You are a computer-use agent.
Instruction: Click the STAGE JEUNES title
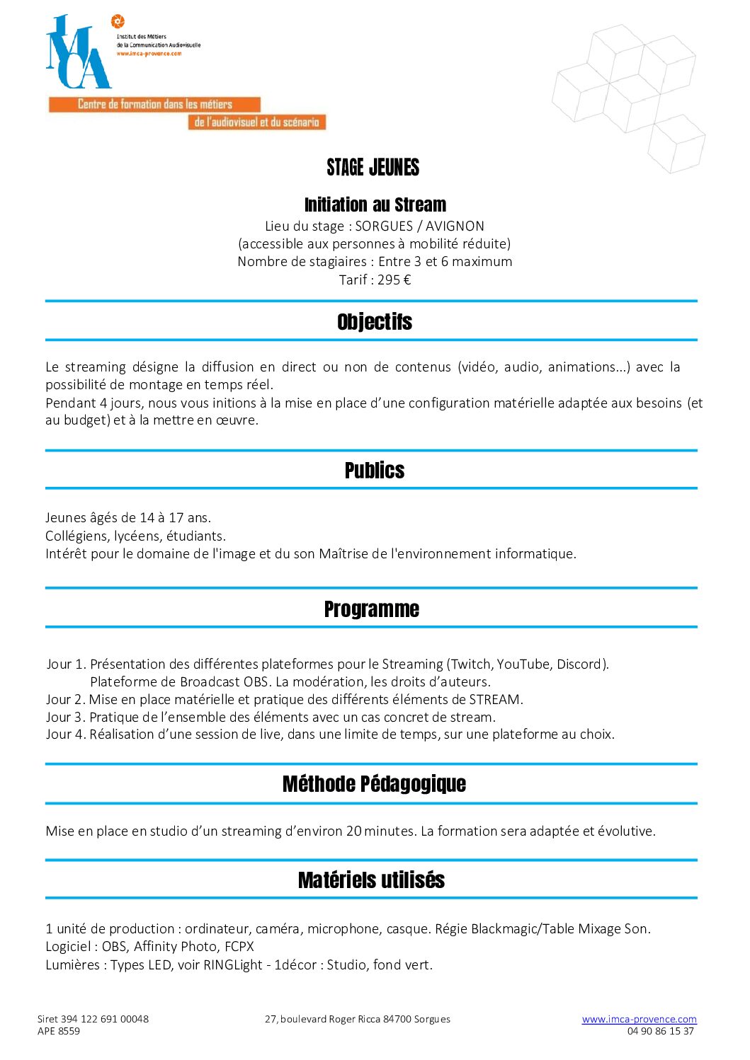(x=373, y=168)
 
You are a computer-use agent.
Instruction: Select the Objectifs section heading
(x=375, y=322)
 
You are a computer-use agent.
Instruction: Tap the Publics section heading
(x=375, y=471)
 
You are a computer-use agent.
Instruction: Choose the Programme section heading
(x=372, y=609)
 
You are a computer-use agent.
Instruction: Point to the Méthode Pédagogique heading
(x=374, y=784)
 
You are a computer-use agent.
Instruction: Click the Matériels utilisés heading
(x=372, y=880)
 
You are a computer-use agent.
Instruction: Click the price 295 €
(x=394, y=280)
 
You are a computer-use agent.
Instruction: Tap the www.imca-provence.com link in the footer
(x=639, y=1019)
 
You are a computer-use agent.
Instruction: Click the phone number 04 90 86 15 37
(x=660, y=1031)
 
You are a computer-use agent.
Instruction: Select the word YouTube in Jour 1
(x=523, y=664)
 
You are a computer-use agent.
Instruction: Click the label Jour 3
(x=65, y=717)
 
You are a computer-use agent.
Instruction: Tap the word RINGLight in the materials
(x=233, y=965)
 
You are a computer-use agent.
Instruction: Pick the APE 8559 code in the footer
(x=59, y=1031)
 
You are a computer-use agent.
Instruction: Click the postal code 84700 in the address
(x=397, y=1019)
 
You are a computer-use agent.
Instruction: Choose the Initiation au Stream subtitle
(x=375, y=205)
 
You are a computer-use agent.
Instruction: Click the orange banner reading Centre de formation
(x=154, y=105)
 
